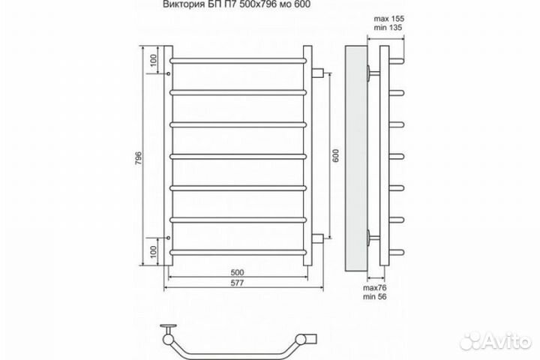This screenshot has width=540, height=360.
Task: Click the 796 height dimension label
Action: (139, 157)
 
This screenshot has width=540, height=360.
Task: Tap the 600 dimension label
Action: (336, 156)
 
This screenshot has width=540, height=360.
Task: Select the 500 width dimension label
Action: (237, 272)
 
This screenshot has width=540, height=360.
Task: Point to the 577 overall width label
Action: (237, 283)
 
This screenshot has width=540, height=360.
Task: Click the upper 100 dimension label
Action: (154, 60)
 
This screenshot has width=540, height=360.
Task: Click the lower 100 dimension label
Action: (154, 252)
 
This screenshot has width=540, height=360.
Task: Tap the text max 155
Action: (389, 19)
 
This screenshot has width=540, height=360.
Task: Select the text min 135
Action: (388, 28)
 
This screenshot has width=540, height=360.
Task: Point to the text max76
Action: (375, 288)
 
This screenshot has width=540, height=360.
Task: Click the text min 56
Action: (375, 296)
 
